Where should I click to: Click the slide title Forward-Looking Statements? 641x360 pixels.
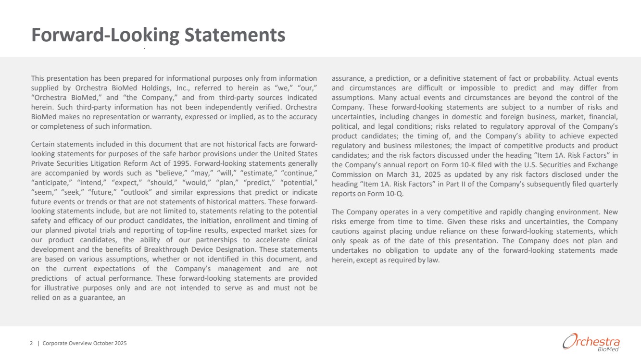158,35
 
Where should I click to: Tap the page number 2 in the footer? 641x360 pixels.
32,343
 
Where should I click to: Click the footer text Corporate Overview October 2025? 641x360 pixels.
85,343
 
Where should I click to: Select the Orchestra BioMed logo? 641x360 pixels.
591,342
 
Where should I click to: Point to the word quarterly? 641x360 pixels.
601,184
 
